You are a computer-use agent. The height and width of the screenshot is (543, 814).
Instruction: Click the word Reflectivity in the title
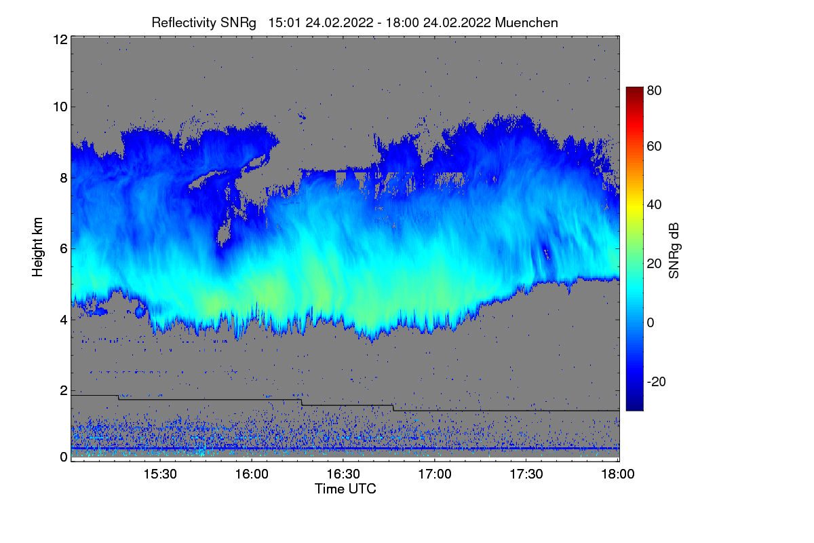180,22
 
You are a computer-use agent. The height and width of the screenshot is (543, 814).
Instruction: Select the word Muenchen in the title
526,22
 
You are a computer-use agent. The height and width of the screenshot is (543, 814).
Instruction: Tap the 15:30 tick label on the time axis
160,474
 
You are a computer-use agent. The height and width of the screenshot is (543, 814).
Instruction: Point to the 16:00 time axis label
252,474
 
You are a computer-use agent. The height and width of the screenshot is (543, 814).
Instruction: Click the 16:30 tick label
343,474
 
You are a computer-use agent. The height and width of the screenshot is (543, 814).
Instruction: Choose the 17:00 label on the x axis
435,474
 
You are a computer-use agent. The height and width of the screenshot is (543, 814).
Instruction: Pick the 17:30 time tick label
526,474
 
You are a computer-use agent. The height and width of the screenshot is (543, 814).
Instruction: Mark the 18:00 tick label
616,474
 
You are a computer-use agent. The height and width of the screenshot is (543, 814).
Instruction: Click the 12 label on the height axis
59,39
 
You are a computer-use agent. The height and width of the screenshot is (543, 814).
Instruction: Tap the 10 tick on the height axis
59,107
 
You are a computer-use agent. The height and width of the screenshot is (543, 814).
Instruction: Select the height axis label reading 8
63,178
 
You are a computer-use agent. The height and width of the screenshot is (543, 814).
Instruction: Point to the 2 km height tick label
63,390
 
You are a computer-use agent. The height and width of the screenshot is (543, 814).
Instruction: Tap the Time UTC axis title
345,489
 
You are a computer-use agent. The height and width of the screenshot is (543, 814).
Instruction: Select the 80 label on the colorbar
655,90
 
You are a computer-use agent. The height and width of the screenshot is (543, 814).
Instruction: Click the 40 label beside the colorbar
655,205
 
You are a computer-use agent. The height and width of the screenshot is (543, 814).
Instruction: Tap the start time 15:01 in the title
285,22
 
